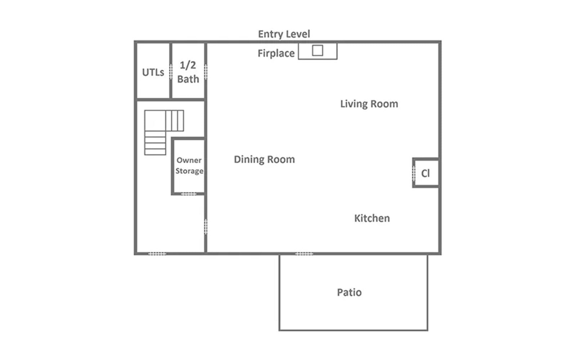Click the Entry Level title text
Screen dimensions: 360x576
(x=284, y=34)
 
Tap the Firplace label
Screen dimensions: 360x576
(x=276, y=53)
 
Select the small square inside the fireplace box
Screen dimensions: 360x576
(x=317, y=50)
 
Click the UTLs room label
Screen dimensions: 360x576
(x=153, y=72)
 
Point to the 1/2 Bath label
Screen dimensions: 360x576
(x=188, y=72)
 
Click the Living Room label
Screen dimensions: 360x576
(x=369, y=104)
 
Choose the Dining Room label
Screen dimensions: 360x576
(x=264, y=159)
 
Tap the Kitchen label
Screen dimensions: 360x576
(x=372, y=218)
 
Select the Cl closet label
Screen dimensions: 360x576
(x=425, y=174)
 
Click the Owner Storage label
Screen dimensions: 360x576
(x=189, y=166)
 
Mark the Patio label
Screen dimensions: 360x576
(x=349, y=292)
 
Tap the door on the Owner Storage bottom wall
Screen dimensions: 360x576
(x=189, y=194)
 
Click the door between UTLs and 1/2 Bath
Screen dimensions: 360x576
(x=171, y=72)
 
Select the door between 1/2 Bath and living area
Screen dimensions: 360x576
(x=206, y=72)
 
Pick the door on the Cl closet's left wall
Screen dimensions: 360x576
(x=413, y=174)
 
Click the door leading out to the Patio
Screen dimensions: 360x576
(x=304, y=254)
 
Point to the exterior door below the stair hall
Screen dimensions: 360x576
(x=157, y=254)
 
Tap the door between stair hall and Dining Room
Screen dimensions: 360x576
(x=206, y=226)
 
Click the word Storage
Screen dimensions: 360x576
(x=189, y=171)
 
